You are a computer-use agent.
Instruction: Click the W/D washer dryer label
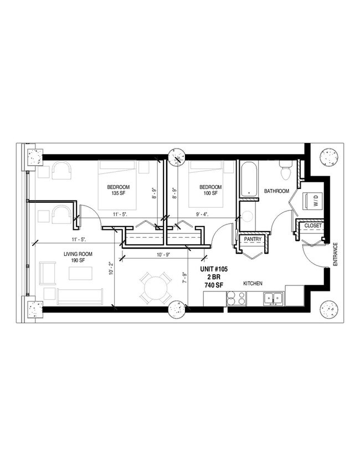(x=315, y=203)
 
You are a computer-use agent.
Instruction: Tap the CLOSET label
(x=313, y=226)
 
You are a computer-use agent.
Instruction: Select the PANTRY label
(x=253, y=239)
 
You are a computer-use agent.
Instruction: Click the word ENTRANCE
(x=336, y=254)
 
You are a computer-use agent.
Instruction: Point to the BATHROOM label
(x=276, y=191)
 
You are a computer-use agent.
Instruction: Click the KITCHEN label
(x=253, y=284)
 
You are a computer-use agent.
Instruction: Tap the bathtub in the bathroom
(x=248, y=178)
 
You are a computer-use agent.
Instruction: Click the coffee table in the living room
(x=80, y=274)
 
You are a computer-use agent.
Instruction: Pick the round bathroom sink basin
(x=246, y=216)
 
